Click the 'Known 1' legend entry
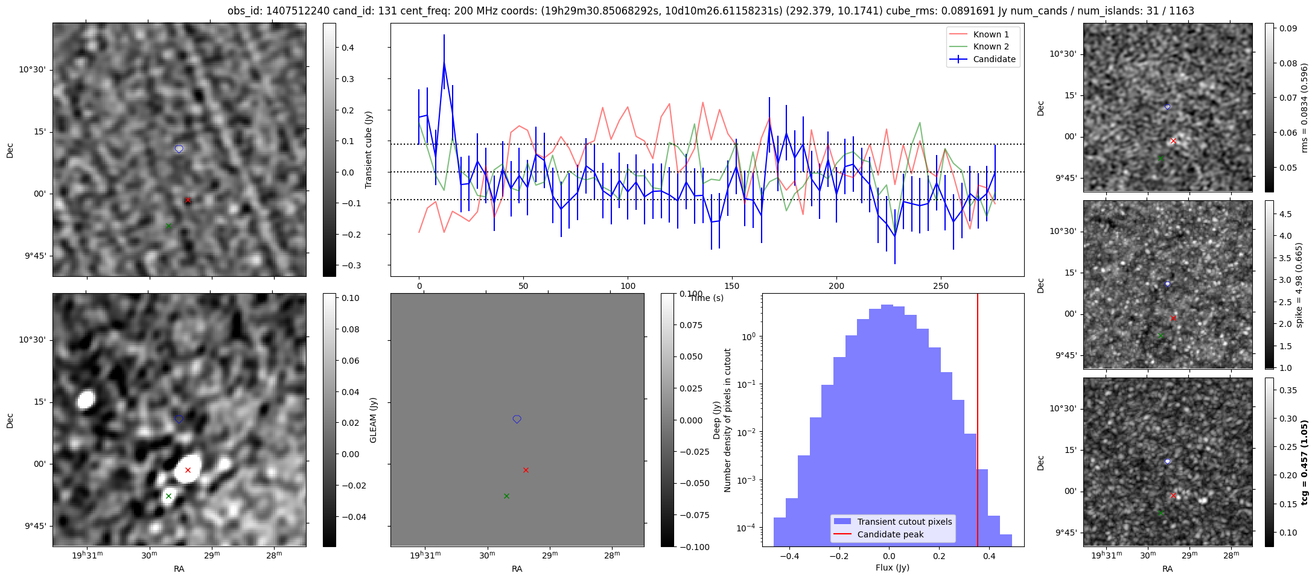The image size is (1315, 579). pos(990,34)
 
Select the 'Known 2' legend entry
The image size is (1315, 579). pos(990,46)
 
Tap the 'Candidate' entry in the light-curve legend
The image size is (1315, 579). pos(994,59)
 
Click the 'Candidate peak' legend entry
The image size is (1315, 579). pos(890,534)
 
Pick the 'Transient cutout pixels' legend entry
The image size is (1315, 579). pos(904,522)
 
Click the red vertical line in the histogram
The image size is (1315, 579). pos(978,422)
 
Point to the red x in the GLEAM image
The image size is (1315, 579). pos(188,470)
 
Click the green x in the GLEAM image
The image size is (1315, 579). pos(168,496)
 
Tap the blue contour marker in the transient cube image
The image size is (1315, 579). pos(179,148)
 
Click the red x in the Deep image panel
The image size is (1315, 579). pos(526,470)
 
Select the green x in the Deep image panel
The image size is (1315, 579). pos(506,496)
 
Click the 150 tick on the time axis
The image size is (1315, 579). pos(732,286)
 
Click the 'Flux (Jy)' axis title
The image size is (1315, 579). pos(892,568)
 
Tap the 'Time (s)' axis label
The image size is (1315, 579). pos(707,298)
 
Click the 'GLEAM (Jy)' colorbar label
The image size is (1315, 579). pos(373,420)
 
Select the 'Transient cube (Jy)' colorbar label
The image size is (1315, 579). pos(368,150)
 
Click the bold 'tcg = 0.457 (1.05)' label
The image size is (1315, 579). pos(1304,463)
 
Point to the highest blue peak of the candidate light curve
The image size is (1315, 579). pos(444,62)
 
